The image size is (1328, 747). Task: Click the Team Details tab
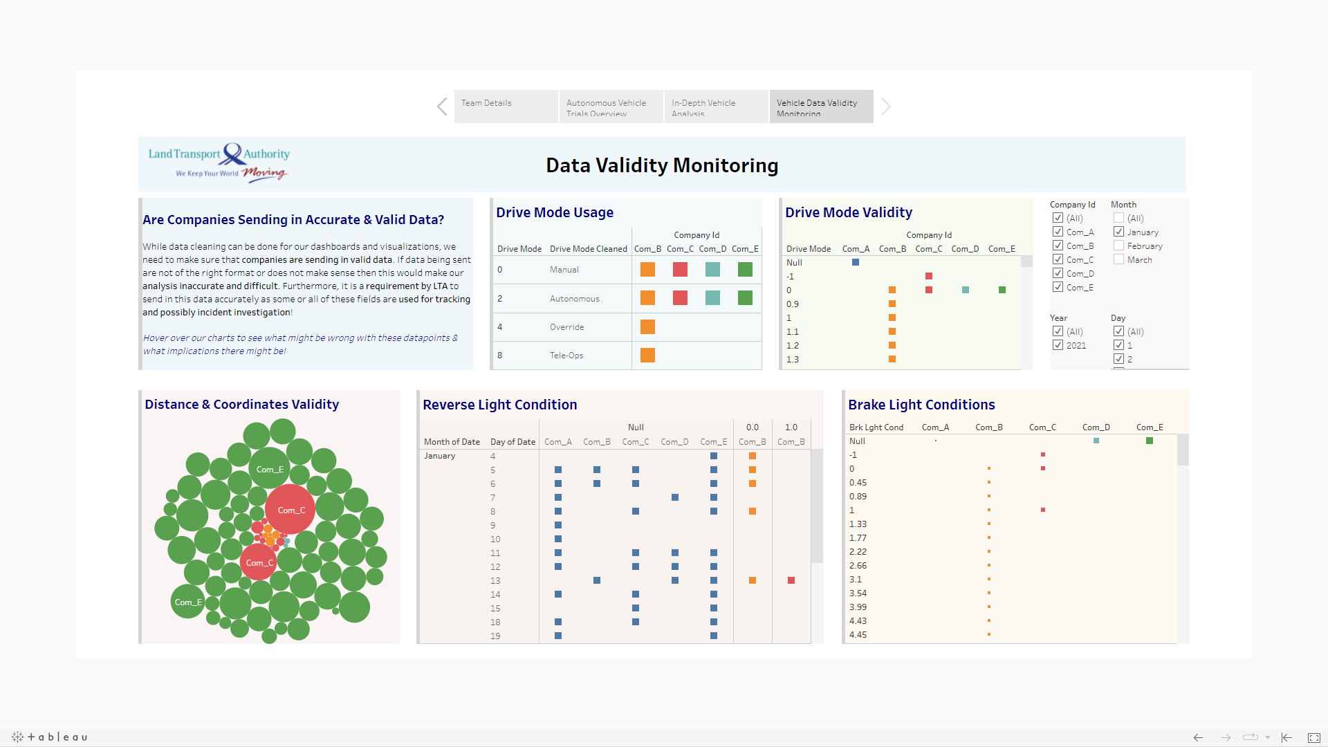click(506, 106)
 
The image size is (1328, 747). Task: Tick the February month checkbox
click(1118, 246)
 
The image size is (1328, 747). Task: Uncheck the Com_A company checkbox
click(1058, 232)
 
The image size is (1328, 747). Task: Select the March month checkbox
click(1118, 259)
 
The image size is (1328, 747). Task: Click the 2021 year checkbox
click(1058, 345)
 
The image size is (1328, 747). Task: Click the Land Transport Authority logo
click(219, 163)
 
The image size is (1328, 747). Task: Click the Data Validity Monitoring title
click(662, 165)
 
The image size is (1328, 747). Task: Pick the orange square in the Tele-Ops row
click(647, 356)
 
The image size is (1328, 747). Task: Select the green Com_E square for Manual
click(745, 270)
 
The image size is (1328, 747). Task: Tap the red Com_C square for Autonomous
click(680, 298)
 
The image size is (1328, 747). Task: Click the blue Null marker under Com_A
click(856, 262)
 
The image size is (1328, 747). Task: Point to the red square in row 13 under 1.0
click(791, 580)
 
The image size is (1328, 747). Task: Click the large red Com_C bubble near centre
click(290, 509)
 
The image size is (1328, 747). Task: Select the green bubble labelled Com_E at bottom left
click(187, 602)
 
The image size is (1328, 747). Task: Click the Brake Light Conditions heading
click(921, 405)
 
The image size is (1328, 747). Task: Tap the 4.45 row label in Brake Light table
click(858, 635)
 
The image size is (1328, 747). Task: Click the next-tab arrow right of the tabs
click(886, 107)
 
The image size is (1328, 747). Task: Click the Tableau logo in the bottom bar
click(50, 737)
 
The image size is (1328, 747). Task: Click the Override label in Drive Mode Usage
click(566, 327)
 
